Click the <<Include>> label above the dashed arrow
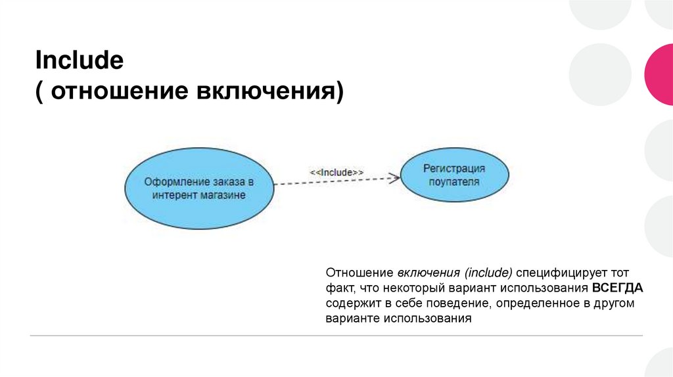pyautogui.click(x=336, y=172)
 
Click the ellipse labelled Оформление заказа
pyautogui.click(x=198, y=188)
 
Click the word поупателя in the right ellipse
pyautogui.click(x=454, y=182)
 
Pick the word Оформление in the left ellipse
pyautogui.click(x=173, y=182)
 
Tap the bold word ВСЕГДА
pyautogui.click(x=617, y=288)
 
